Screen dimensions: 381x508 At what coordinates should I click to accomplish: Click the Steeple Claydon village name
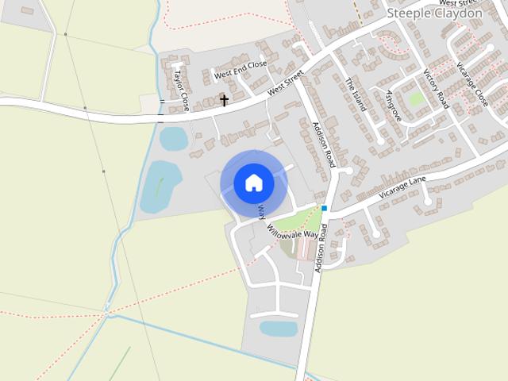click(433, 13)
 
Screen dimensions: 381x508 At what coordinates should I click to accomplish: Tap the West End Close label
click(241, 70)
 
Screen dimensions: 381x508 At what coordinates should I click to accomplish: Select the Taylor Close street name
click(181, 87)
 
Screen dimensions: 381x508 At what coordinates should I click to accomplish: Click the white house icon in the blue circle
click(253, 183)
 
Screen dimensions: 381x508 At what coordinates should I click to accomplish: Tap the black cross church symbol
click(224, 101)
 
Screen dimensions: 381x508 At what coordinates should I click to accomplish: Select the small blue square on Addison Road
click(325, 208)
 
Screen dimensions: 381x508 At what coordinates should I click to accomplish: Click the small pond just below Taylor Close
click(173, 138)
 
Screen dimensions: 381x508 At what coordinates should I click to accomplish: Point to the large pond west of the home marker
click(160, 186)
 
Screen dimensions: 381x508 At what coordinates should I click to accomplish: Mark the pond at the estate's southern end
click(279, 328)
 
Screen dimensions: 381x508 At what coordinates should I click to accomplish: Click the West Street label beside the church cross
click(286, 84)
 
